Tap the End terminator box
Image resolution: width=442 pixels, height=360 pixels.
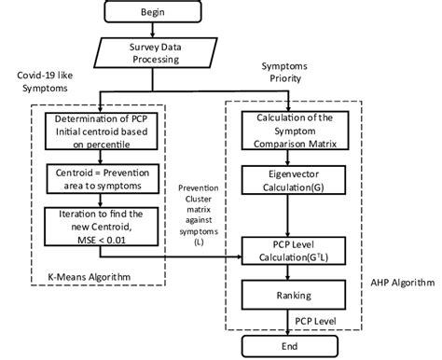tap(290, 346)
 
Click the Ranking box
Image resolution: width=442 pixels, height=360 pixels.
tap(290, 296)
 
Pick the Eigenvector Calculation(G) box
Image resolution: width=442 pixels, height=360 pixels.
tap(290, 178)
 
